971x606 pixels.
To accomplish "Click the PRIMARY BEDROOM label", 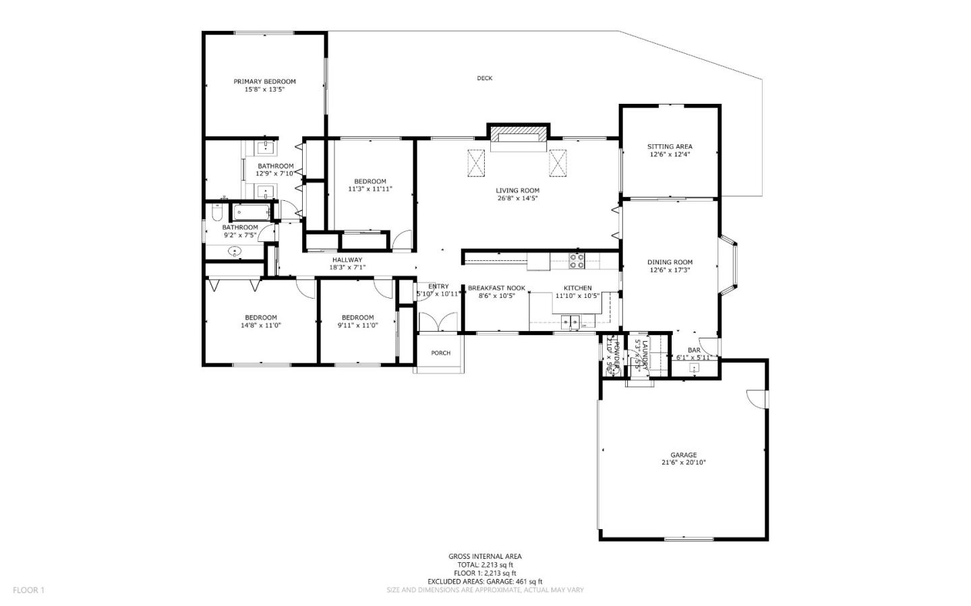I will (x=264, y=82).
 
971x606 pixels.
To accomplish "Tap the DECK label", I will (x=484, y=78).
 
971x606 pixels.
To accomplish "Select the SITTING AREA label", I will (x=670, y=146).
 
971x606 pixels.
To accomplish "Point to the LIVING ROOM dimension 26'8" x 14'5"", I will (x=518, y=198).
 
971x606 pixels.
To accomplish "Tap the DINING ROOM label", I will (x=670, y=262).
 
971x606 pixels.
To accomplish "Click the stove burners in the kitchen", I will (x=577, y=261).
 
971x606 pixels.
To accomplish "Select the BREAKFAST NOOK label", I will (x=496, y=288).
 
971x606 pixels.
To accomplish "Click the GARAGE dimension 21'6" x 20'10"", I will (x=683, y=462).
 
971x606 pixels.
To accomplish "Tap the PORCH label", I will (x=440, y=353).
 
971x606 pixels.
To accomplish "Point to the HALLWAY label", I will (x=347, y=260).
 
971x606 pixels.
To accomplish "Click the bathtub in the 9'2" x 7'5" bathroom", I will (x=251, y=212).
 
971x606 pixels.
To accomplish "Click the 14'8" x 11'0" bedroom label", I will (x=260, y=317).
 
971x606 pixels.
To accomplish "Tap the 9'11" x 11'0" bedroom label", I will (x=357, y=317).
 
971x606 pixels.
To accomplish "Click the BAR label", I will (x=694, y=350).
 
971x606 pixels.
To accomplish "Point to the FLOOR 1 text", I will (x=28, y=590).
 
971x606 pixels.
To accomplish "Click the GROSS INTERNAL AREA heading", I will (x=485, y=556).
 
